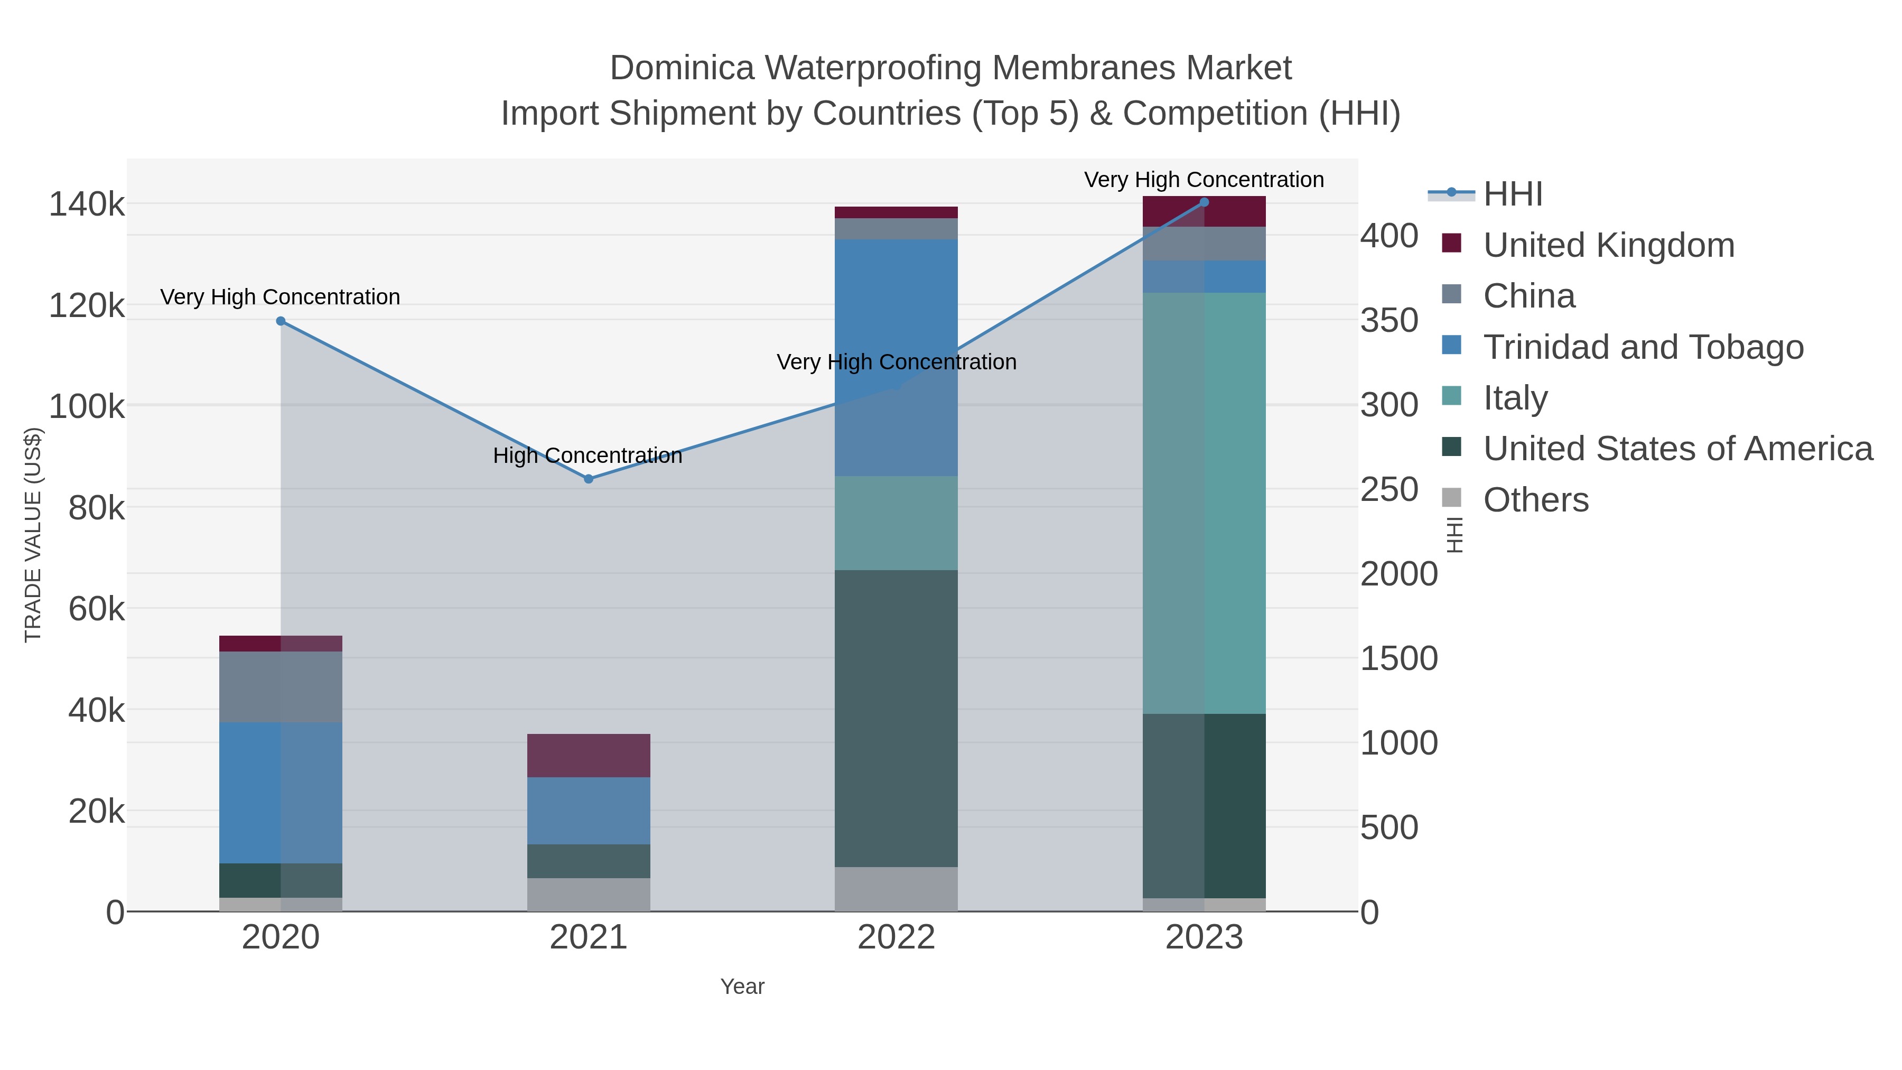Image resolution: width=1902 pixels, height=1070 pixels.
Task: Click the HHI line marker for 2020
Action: tap(281, 321)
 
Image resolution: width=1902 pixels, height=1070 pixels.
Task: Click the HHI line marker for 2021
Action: tap(589, 479)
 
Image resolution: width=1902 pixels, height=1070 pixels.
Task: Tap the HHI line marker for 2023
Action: tap(1204, 202)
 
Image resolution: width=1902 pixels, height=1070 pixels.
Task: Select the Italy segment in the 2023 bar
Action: tap(1204, 502)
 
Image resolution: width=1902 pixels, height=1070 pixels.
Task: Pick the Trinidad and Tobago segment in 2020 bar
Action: tap(281, 793)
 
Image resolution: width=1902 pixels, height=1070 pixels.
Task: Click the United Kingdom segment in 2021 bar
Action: tap(589, 756)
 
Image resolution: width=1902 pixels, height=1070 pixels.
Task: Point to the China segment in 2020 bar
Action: tap(281, 687)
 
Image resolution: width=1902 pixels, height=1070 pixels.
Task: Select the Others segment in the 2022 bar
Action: tap(897, 889)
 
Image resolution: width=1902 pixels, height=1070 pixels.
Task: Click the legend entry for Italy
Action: tap(1515, 398)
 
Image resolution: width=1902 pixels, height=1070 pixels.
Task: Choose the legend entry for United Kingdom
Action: tap(1608, 245)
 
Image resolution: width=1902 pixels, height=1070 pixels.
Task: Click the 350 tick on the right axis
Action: tap(1389, 321)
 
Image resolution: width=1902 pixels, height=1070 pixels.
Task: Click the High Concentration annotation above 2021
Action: tap(588, 455)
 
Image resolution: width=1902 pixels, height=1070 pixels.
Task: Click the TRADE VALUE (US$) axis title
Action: tap(33, 535)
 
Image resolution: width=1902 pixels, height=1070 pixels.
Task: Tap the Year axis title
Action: tap(742, 987)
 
